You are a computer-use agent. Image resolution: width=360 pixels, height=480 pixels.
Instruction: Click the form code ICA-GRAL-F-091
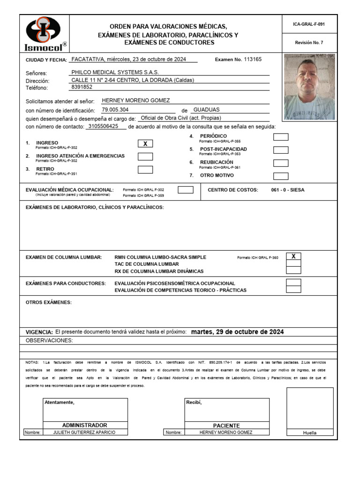[309, 24]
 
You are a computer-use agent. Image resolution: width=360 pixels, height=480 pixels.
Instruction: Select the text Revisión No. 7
[309, 43]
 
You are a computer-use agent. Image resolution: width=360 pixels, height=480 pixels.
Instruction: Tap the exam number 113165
[253, 60]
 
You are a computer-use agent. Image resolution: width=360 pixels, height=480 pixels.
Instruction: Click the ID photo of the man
[309, 87]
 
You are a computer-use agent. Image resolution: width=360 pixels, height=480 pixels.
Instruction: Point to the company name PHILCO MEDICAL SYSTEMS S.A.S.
[115, 73]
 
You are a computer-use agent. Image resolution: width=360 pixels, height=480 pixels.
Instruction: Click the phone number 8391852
[82, 87]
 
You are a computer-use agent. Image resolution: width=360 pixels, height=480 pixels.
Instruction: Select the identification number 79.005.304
[115, 110]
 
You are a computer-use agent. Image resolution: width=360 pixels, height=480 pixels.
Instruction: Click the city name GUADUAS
[206, 110]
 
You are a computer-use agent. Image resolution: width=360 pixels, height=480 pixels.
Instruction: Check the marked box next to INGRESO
[145, 144]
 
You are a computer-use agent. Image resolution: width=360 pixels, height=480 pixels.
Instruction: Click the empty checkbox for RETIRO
[145, 170]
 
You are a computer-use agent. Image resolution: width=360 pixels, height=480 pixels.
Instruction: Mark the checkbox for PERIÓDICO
[281, 137]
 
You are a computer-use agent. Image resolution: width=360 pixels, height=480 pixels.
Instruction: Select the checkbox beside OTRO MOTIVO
[281, 176]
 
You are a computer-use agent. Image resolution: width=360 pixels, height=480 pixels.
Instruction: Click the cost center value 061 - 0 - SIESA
[287, 190]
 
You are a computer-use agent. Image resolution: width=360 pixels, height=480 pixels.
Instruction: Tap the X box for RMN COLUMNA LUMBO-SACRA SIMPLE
[293, 256]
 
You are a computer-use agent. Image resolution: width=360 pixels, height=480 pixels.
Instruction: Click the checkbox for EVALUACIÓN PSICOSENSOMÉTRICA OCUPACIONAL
[293, 283]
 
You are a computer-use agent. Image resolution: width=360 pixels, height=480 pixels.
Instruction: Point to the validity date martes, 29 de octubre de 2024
[238, 332]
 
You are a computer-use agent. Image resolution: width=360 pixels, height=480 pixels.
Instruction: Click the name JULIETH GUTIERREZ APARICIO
[84, 432]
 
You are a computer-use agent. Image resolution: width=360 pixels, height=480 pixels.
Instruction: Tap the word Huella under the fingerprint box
[309, 433]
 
